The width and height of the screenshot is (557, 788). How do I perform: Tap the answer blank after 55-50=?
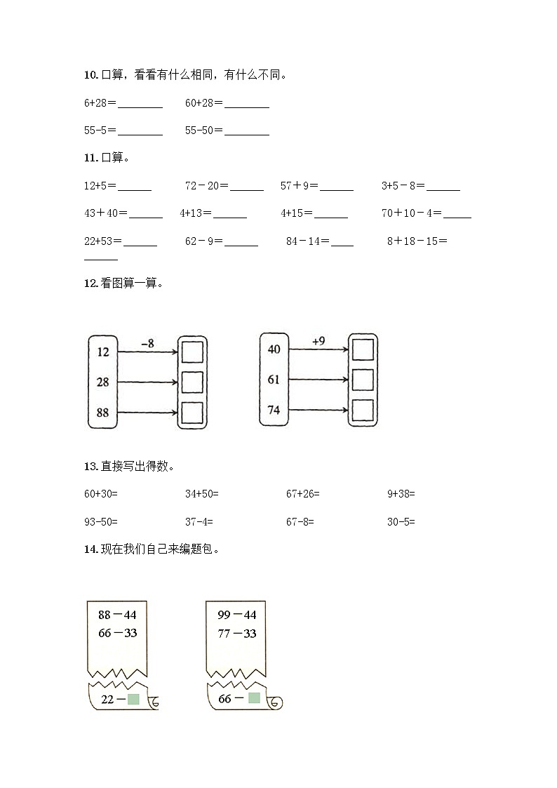pos(247,131)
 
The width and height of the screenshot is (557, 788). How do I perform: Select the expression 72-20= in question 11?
pos(206,186)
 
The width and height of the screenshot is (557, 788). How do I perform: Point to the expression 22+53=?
pos(102,241)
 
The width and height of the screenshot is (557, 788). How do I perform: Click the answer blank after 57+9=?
pos(337,187)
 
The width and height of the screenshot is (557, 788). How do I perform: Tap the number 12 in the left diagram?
pos(103,352)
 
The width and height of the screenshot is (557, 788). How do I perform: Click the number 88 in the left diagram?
pos(103,413)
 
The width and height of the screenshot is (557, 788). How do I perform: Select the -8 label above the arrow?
pos(147,343)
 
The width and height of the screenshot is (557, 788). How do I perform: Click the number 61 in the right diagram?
pos(274,380)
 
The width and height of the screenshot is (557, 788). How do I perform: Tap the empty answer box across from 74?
pos(363,410)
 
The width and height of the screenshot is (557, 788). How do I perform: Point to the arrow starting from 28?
pos(147,382)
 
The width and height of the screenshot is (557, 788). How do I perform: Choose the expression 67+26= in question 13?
pos(302,494)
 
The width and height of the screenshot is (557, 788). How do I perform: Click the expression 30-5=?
pos(401,522)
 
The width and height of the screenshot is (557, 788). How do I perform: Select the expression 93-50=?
pos(101,522)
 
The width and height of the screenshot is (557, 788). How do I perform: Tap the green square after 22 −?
pos(135,699)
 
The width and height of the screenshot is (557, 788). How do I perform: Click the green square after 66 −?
pos(254,698)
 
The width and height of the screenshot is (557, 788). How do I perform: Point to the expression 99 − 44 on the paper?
pos(236,615)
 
